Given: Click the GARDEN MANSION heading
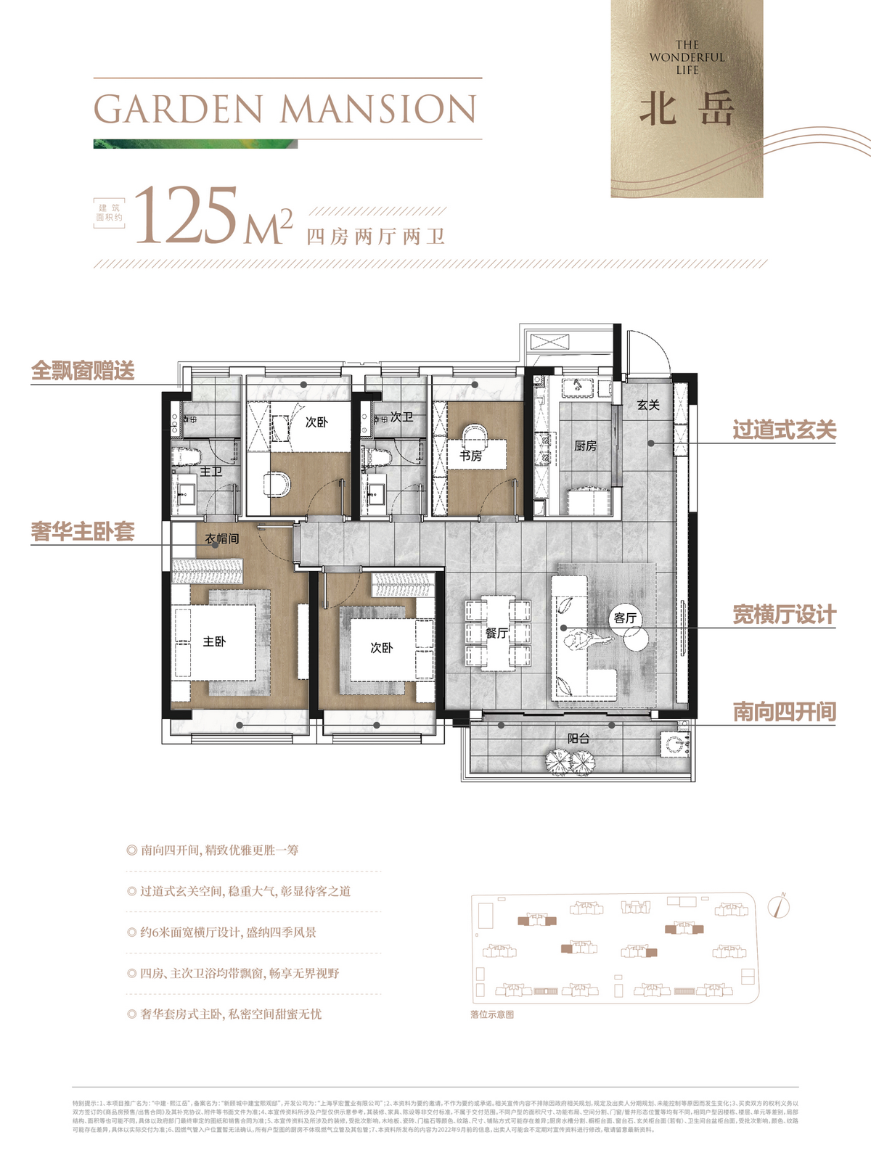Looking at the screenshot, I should coord(285,110).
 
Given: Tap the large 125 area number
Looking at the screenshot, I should coord(187,216).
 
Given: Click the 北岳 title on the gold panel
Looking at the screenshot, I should coord(687,110).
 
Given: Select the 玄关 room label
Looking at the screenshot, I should coord(648,405).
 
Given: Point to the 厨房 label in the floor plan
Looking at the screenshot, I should coord(585,446).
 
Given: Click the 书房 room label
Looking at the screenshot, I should coord(470,456).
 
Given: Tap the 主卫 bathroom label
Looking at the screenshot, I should coord(210,472).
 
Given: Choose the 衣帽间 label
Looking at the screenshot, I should coord(221,538).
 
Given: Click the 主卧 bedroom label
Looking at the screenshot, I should coord(214,641).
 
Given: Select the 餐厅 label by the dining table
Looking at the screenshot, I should coord(497,633).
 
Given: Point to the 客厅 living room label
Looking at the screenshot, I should coord(625,618).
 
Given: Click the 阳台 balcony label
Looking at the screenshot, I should coord(578,738).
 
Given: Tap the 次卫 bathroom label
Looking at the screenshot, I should coord(401,417).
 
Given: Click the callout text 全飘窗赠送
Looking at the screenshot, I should coord(83,371).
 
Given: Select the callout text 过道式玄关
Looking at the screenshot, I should coord(784,430).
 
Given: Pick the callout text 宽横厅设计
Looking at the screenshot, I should coord(784,615).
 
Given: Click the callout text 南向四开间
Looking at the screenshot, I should coord(784,711).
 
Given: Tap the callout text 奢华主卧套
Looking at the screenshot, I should coord(83,531).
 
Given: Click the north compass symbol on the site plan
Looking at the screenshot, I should coord(780,906).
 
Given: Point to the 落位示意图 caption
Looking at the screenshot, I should coord(492,1014).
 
